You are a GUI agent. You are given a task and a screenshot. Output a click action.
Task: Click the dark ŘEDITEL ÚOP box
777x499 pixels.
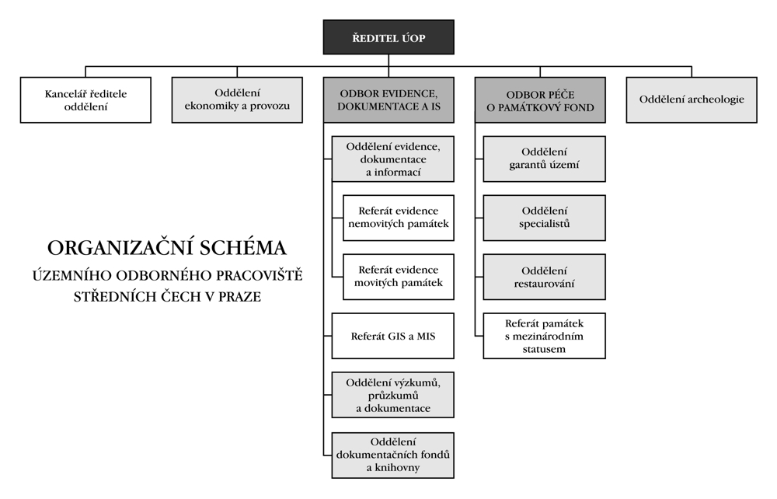click(388, 37)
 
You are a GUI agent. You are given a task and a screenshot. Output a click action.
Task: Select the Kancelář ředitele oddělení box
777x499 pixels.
click(85, 99)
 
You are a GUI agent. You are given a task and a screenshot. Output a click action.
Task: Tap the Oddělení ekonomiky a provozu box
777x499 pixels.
click(236, 99)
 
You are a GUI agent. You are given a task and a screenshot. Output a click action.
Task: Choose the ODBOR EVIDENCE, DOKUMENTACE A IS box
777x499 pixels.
click(388, 99)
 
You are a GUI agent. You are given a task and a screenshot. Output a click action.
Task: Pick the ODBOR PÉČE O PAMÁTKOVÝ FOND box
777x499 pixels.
click(539, 99)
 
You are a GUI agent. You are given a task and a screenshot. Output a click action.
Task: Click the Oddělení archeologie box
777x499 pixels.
click(691, 99)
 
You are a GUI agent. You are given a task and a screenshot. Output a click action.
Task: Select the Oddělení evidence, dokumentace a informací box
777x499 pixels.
click(392, 159)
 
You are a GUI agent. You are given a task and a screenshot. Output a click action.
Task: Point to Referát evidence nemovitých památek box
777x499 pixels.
click(398, 218)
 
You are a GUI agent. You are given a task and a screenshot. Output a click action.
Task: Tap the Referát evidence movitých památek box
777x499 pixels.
click(398, 277)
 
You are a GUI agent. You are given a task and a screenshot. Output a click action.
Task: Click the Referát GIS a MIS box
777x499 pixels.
click(392, 336)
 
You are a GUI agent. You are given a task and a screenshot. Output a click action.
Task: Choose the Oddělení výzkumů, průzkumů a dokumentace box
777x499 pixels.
click(392, 395)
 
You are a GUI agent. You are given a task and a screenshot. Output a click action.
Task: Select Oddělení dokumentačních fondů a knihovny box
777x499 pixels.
click(392, 455)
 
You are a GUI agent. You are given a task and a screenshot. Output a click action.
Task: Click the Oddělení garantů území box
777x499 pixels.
click(544, 159)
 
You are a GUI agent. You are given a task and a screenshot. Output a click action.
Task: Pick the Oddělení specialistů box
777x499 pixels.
click(544, 218)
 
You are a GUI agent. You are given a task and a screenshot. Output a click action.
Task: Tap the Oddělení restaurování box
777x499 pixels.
click(544, 277)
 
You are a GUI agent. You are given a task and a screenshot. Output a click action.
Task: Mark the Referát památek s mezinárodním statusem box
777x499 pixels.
click(544, 336)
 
